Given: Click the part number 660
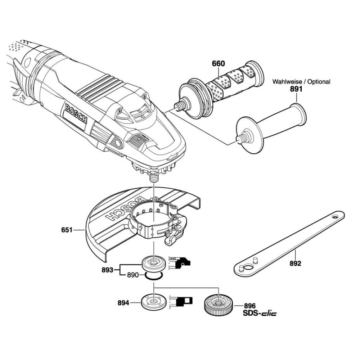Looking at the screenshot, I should [x=218, y=64].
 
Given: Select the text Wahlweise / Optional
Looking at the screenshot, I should [x=301, y=82].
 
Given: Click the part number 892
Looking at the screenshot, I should [x=295, y=264].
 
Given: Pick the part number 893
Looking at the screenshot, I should [x=108, y=269].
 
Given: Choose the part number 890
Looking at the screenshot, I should [x=133, y=275].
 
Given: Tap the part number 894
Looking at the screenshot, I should [x=123, y=303].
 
